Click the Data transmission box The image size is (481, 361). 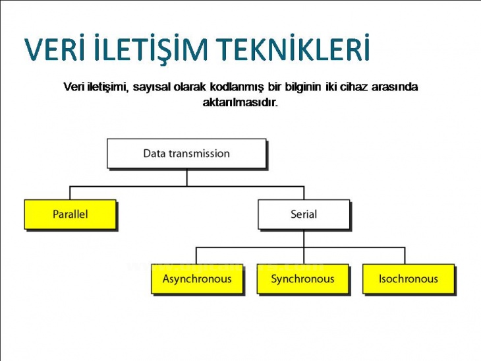point(186,154)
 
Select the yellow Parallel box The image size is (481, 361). point(70,214)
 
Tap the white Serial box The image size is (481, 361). point(303,214)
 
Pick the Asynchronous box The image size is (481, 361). point(197,279)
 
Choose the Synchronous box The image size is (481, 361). point(302,279)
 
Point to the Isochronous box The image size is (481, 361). point(408,279)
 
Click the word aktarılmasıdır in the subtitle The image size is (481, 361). point(240,103)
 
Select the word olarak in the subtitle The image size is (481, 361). point(190,87)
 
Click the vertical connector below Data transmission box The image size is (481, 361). point(186,176)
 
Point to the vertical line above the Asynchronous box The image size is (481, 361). point(196,255)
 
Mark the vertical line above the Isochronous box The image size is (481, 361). point(405,255)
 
